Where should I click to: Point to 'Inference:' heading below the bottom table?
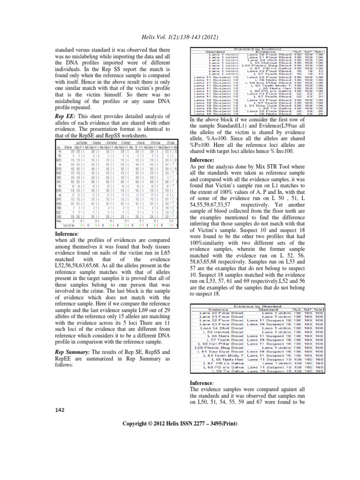pos(202,383)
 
